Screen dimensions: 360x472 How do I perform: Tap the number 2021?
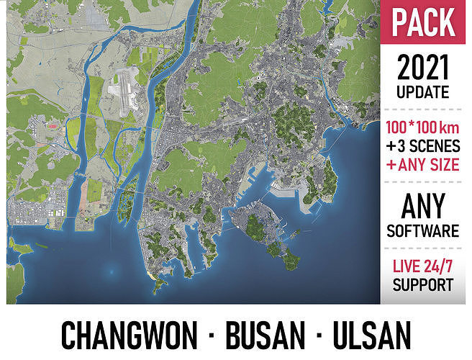tap(424, 68)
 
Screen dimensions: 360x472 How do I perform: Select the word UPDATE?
tap(423, 92)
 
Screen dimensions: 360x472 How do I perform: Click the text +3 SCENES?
tap(423, 146)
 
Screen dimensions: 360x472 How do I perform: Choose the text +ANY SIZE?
tap(423, 165)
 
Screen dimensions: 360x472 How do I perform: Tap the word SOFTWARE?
tap(423, 231)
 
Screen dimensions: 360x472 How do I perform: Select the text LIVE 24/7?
tap(423, 266)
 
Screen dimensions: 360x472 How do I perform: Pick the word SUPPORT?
tap(423, 285)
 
